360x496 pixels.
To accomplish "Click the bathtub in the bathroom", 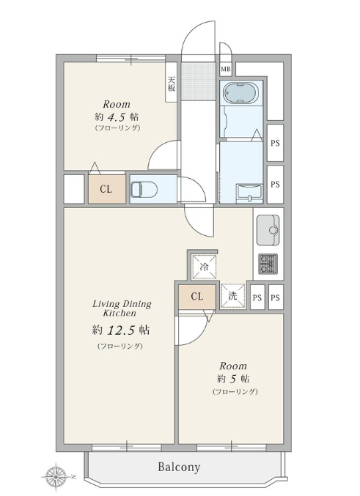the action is [x=240, y=93].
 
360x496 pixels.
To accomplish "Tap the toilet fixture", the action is [x=144, y=189].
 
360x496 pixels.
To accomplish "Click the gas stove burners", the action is [x=268, y=264].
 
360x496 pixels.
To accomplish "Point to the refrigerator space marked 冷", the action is [x=205, y=267].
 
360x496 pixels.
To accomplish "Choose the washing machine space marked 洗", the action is [x=233, y=296].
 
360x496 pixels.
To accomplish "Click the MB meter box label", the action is [x=226, y=70].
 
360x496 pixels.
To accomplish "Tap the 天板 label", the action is [x=172, y=84].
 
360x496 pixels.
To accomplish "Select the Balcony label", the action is [x=179, y=467].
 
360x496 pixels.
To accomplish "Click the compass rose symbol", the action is [x=56, y=475].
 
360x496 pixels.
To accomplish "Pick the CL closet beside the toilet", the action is [x=107, y=189].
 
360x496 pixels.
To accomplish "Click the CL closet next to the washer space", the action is [x=197, y=297].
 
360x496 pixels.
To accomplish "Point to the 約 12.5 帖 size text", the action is [x=121, y=330].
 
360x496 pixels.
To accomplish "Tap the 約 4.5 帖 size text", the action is [x=117, y=117].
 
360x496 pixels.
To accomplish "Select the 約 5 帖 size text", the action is [x=233, y=378].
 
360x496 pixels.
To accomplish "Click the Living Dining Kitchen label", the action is [x=122, y=308].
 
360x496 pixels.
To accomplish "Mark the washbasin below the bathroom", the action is [x=249, y=193].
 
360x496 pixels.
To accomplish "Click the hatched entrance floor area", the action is [x=198, y=81].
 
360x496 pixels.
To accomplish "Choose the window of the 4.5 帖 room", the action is [x=131, y=58].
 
